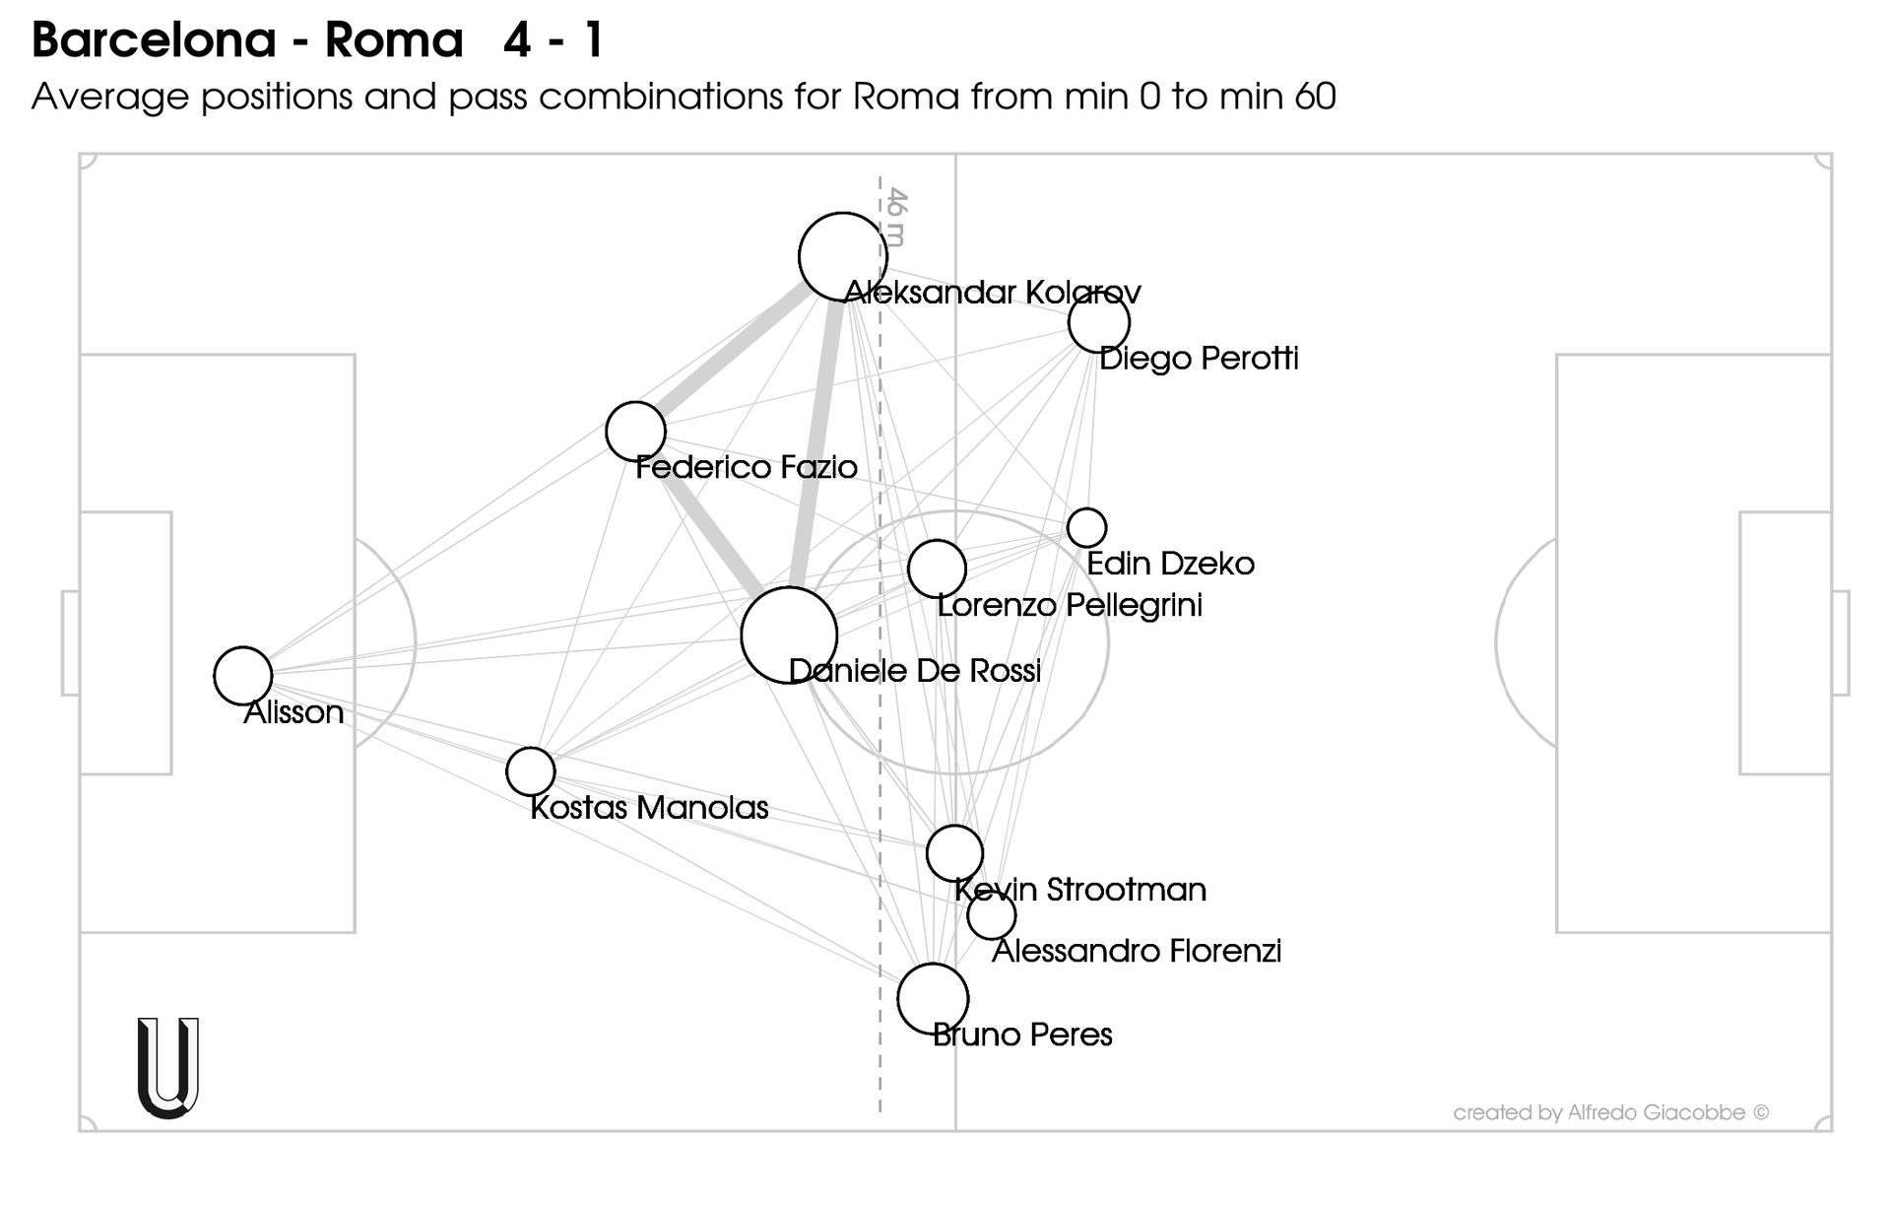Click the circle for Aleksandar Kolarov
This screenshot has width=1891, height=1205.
point(842,256)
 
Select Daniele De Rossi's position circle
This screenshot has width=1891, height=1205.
point(788,636)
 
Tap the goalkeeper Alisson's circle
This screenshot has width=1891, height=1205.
point(242,676)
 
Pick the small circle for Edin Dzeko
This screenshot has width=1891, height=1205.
point(1086,527)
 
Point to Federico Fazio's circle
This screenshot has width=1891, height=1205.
point(635,431)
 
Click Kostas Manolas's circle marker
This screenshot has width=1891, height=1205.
point(530,770)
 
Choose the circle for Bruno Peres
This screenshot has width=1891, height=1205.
point(932,998)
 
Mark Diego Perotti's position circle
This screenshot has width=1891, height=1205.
point(1098,322)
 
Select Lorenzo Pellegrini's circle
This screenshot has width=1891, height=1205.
point(936,569)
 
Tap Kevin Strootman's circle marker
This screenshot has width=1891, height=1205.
point(954,852)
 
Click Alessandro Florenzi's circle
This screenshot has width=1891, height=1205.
point(991,915)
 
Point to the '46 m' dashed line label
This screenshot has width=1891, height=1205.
point(895,216)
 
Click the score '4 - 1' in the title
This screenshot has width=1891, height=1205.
point(553,40)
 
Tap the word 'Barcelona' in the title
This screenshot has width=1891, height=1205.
point(154,40)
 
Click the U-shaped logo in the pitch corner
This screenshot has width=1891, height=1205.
point(168,1068)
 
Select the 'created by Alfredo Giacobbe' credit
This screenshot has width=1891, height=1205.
point(1610,1112)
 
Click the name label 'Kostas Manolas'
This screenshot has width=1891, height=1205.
point(649,808)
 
